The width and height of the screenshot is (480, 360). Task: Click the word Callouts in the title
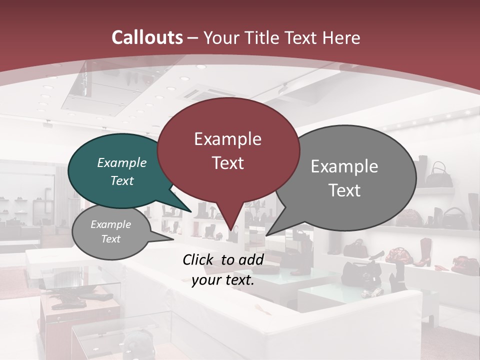click(x=147, y=37)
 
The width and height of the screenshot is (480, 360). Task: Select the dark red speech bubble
click(x=228, y=150)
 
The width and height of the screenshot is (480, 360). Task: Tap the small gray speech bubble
click(x=111, y=232)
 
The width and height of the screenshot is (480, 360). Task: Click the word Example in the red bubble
click(x=227, y=139)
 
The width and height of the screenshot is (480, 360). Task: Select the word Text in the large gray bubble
click(x=344, y=190)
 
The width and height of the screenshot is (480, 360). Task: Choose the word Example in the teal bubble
click(x=121, y=162)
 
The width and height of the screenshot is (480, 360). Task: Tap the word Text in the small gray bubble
click(x=111, y=239)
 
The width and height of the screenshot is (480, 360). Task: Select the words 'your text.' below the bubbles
click(x=223, y=280)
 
